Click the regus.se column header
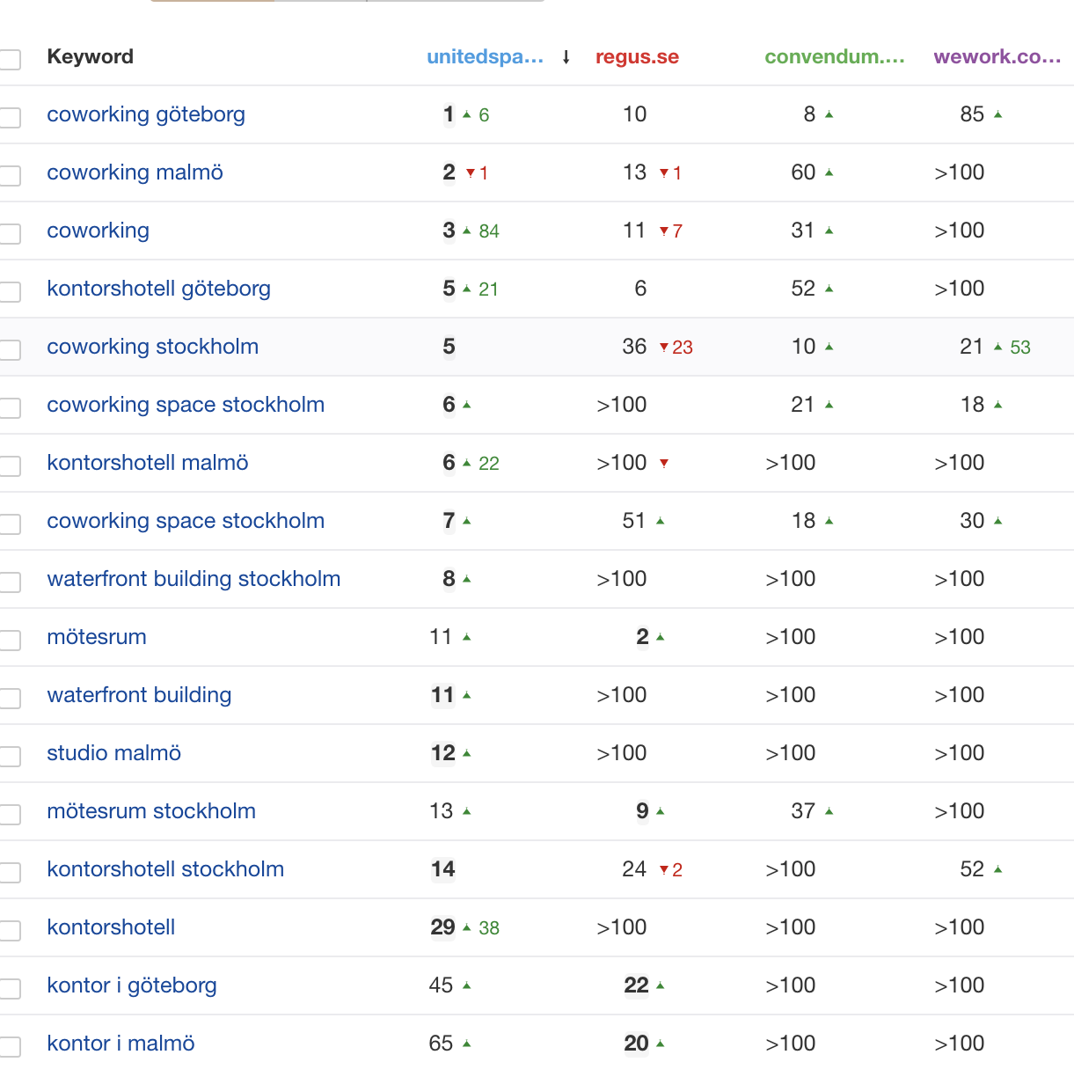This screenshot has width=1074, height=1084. pyautogui.click(x=637, y=57)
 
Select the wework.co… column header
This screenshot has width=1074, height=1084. pyautogui.click(x=997, y=57)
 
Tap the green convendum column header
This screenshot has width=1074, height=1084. pyautogui.click(x=834, y=57)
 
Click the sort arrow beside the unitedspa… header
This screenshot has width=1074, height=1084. pyautogui.click(x=566, y=57)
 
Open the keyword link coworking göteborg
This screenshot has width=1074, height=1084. pyautogui.click(x=146, y=114)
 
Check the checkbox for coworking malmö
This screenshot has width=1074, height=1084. pyautogui.click(x=11, y=174)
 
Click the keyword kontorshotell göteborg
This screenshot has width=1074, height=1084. pyautogui.click(x=158, y=289)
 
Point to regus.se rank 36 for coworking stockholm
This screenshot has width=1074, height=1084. pyautogui.click(x=634, y=347)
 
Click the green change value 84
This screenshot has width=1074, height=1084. pyautogui.click(x=489, y=231)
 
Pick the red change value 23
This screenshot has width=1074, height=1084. pyautogui.click(x=683, y=348)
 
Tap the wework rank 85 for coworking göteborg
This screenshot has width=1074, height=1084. pyautogui.click(x=972, y=114)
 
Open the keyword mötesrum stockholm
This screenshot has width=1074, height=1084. pyautogui.click(x=151, y=811)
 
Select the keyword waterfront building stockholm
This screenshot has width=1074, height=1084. pyautogui.click(x=194, y=579)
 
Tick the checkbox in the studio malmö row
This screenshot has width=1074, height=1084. pyautogui.click(x=11, y=755)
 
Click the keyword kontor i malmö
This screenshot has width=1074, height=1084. pyautogui.click(x=121, y=1044)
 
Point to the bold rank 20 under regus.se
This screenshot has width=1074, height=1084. pyautogui.click(x=636, y=1044)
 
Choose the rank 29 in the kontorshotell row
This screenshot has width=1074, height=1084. pyautogui.click(x=442, y=927)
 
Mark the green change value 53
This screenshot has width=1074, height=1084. pyautogui.click(x=1020, y=348)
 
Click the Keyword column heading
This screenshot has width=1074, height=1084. pyautogui.click(x=90, y=57)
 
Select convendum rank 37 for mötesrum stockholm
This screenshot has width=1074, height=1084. pyautogui.click(x=803, y=811)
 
